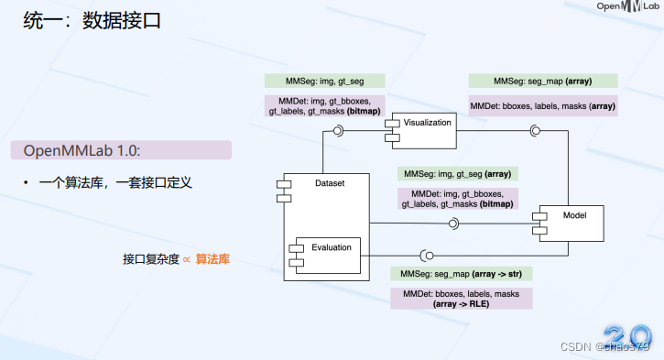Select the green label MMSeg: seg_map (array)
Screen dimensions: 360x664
coord(542,81)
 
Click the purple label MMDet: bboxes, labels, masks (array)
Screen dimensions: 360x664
coord(542,106)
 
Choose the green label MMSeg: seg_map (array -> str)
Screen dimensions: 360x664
coord(462,274)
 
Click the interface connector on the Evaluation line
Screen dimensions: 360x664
coord(425,255)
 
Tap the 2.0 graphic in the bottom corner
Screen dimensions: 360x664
coord(627,335)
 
